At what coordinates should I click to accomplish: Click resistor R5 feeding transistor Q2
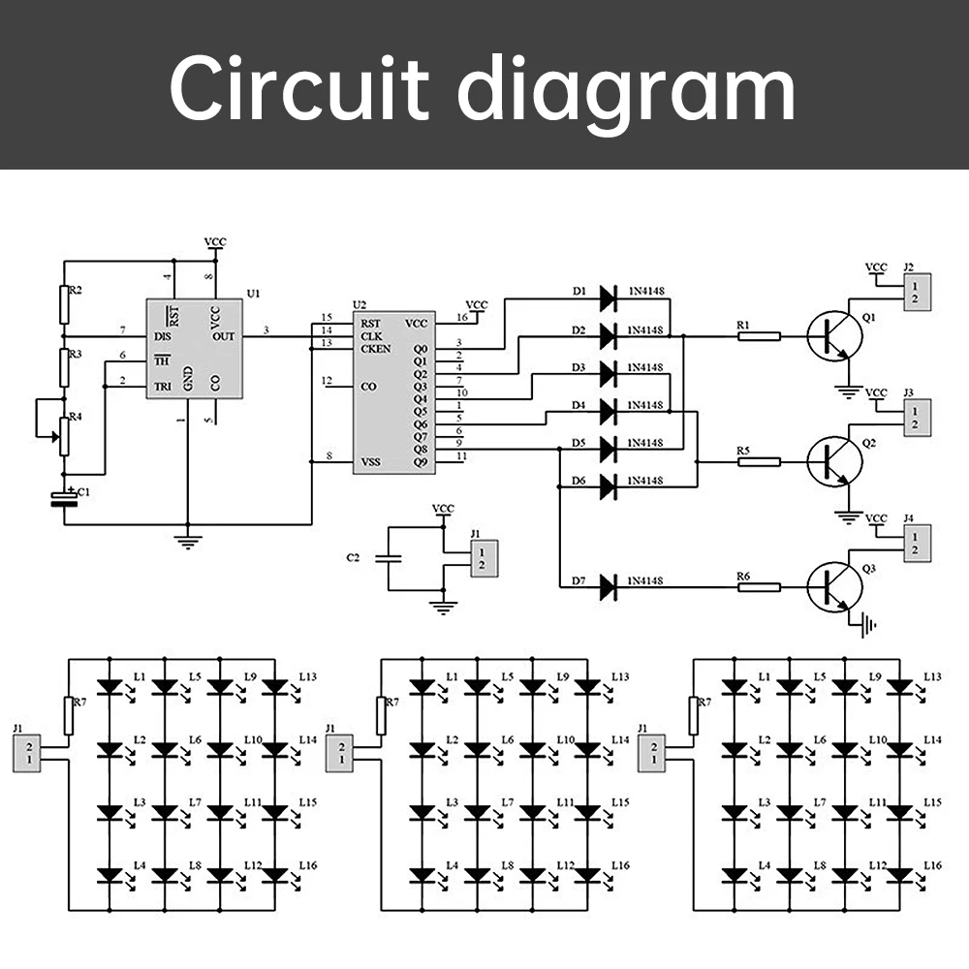759,461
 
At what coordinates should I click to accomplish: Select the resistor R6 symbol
759,586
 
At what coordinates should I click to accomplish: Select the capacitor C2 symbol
388,559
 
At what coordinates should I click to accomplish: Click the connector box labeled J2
917,293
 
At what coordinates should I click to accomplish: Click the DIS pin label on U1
163,336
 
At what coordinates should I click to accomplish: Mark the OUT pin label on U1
225,336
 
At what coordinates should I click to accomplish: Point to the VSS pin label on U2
372,461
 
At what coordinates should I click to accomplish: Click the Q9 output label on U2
421,461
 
